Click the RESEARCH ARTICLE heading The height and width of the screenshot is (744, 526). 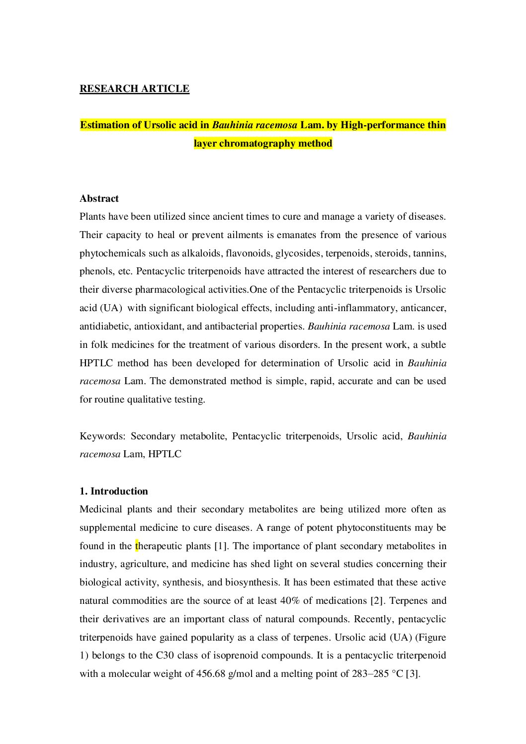coord(134,89)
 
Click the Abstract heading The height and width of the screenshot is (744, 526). coord(99,199)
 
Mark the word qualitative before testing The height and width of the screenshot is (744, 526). coord(156,400)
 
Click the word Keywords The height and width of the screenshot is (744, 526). coord(102,436)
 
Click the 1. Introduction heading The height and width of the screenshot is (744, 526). coord(114,492)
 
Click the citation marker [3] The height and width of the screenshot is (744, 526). coord(413,674)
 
